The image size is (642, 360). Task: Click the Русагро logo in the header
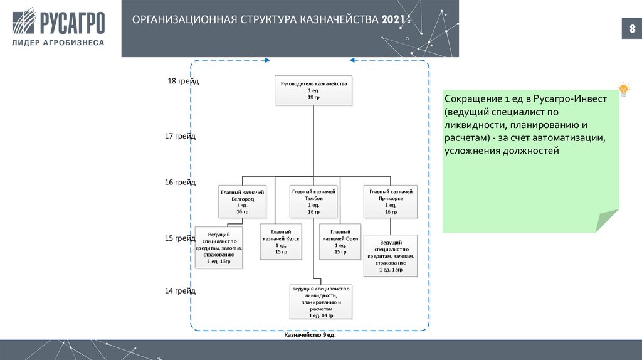pos(60,22)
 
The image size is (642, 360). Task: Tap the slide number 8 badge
pos(631,29)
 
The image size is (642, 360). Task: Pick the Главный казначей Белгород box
pos(242,201)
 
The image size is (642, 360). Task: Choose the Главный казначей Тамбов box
pos(313,201)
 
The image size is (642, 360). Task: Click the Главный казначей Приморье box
pos(391,201)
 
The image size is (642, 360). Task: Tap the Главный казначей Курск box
pos(281,241)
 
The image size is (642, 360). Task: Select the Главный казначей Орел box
pos(340,241)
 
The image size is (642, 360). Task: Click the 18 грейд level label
pos(182,82)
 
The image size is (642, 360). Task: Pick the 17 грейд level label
pos(181,136)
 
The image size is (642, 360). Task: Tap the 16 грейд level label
pos(181,183)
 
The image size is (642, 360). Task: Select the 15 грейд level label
pos(181,238)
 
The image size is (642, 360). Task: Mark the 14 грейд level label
pos(181,291)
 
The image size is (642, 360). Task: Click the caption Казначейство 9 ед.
pos(310,336)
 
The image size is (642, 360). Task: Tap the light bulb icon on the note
pos(623,88)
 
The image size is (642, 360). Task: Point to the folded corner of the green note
pos(606,221)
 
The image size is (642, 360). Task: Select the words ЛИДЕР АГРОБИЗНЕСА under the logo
pos(60,43)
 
